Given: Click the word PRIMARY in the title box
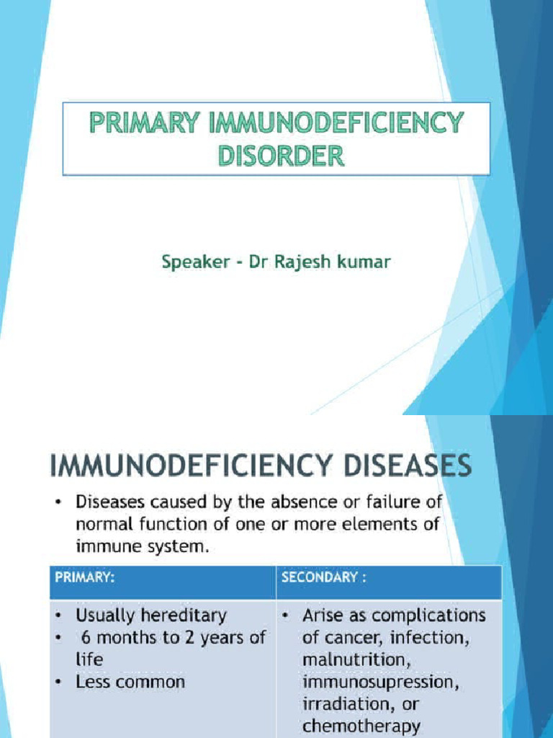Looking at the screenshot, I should point(143,124).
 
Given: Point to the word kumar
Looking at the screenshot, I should point(366,262).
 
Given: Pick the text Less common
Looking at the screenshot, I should point(130,681).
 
